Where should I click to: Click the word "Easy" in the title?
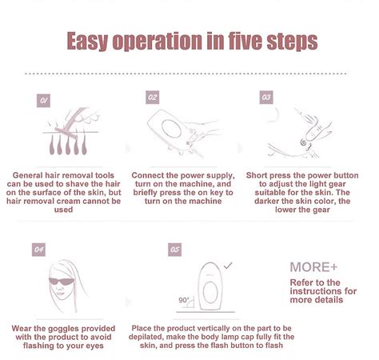coord(93,41)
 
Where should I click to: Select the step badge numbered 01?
coord(45,101)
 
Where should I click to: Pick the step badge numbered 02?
coord(153,97)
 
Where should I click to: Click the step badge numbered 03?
coord(267,97)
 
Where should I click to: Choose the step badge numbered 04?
coord(38,250)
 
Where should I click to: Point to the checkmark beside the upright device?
coord(228,263)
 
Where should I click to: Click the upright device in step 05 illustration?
coord(212,287)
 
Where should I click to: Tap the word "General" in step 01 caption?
coord(31,175)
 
